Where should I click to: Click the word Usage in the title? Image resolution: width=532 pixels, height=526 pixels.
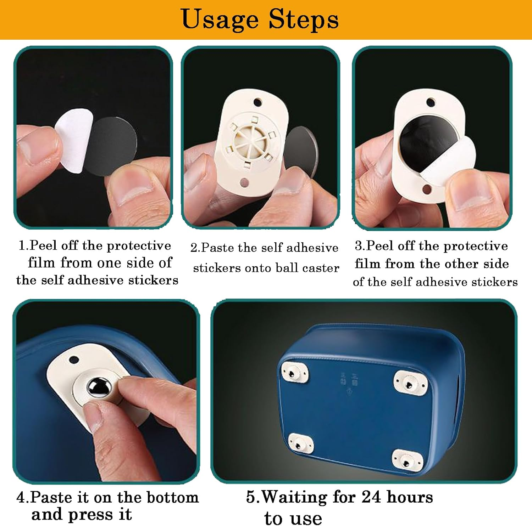pyautogui.click(x=220, y=19)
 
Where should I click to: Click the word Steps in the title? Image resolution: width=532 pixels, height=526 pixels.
pyautogui.click(x=303, y=19)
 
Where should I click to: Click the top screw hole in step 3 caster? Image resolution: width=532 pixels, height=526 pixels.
pyautogui.click(x=430, y=102)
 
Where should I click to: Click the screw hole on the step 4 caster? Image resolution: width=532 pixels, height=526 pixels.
pyautogui.click(x=73, y=360)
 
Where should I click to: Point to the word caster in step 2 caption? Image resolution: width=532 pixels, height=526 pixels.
pyautogui.click(x=321, y=268)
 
